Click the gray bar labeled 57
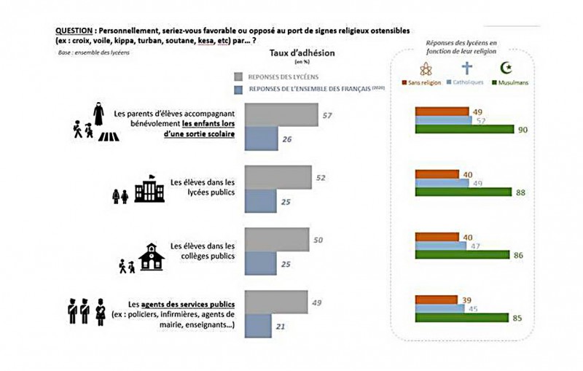click(x=281, y=114)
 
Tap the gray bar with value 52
click(x=278, y=177)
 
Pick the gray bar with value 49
click(x=275, y=302)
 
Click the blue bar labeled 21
click(x=258, y=326)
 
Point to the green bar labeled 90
click(x=463, y=130)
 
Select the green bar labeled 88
click(x=462, y=192)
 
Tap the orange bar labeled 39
click(x=435, y=300)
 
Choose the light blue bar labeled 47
click(x=440, y=246)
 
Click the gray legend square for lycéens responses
click(x=238, y=76)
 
